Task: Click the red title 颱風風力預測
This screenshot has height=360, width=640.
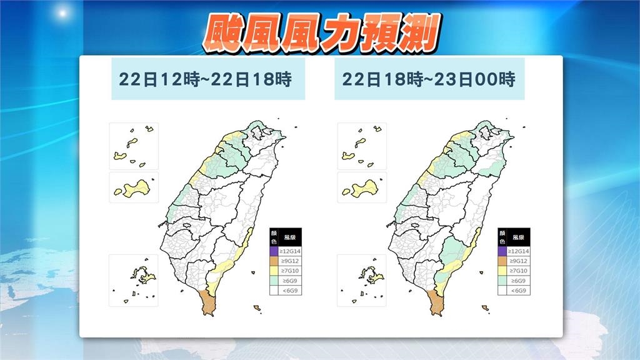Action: coord(320,32)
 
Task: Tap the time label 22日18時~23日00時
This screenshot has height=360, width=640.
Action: coord(428,79)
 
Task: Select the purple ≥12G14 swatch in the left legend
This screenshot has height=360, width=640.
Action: coord(274,251)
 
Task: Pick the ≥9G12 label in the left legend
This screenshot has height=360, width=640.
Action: coord(291,261)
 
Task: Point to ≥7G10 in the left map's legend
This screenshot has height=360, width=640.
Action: coord(291,271)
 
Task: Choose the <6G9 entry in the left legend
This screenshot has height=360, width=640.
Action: coord(291,291)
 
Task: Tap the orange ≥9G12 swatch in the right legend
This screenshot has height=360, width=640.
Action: coord(502,261)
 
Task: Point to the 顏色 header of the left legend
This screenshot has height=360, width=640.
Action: coord(274,237)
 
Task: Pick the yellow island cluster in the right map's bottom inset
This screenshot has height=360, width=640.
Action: coord(371,273)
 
